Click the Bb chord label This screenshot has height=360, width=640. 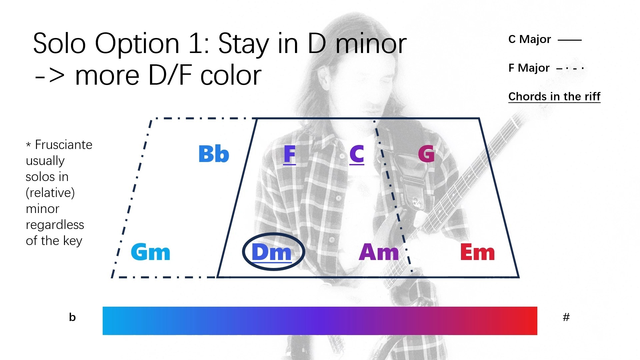tap(214, 154)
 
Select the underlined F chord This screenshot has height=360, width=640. tap(289, 155)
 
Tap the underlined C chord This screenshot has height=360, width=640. tap(357, 155)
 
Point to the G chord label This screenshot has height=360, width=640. tap(426, 154)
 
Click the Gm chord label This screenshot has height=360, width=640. tap(151, 252)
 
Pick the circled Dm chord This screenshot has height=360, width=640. tap(272, 253)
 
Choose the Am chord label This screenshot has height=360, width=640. tap(379, 252)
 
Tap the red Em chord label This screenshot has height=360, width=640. tap(477, 252)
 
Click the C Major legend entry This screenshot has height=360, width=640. tap(530, 39)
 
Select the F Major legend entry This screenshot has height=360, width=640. tap(529, 68)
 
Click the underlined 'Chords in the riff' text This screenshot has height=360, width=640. tap(554, 97)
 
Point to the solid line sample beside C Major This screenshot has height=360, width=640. tap(570, 40)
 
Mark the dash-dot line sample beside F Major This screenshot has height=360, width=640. tap(570, 69)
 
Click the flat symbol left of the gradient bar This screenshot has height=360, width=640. tap(72, 317)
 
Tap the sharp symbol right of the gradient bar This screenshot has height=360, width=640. tap(566, 317)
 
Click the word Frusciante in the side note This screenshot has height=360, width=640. tap(64, 145)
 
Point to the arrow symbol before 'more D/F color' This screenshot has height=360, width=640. tap(50, 76)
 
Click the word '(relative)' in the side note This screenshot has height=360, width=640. tap(50, 193)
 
